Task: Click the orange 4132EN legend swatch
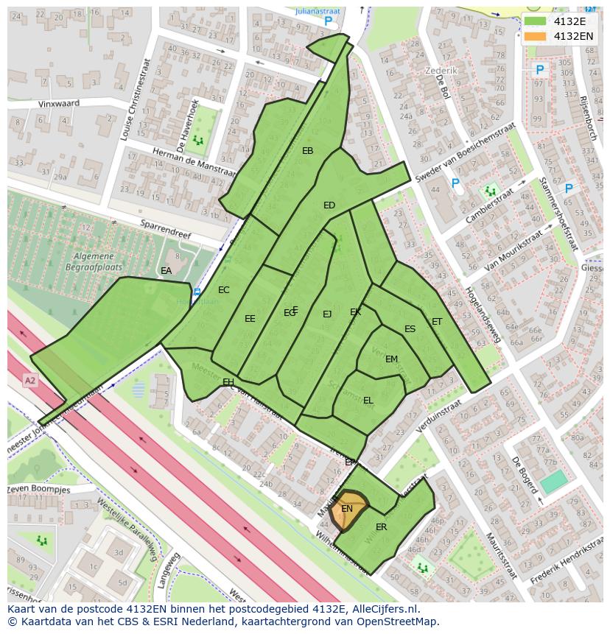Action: point(536,36)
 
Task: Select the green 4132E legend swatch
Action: point(536,21)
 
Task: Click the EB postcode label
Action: point(308,151)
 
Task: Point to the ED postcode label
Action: point(329,205)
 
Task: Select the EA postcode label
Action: point(166,271)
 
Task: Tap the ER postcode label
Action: point(381,527)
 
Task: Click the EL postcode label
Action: point(368,401)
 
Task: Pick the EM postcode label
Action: point(391,359)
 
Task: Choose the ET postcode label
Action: point(437,322)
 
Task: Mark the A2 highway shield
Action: point(29,381)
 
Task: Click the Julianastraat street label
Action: point(317,12)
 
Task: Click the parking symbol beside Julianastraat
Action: point(329,22)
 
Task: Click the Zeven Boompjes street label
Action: point(39,490)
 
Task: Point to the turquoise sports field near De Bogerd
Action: point(554,482)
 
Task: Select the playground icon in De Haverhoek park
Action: point(197,139)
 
